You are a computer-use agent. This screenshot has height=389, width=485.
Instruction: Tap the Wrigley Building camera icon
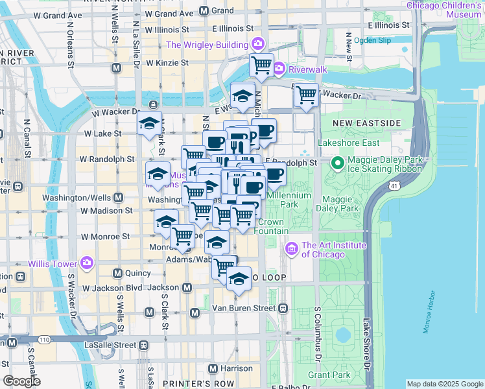pos(258,45)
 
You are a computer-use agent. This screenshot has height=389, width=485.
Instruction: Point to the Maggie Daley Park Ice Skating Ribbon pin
pos(337,162)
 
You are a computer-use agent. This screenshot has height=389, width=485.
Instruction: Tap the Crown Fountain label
pos(271,226)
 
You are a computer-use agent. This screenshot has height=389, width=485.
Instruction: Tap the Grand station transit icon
pos(204,11)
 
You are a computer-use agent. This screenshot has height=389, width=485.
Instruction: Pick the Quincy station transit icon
pos(118,273)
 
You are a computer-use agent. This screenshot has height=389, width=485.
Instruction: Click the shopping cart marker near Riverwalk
pos(261,64)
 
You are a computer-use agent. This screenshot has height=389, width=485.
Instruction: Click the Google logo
pos(21,381)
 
